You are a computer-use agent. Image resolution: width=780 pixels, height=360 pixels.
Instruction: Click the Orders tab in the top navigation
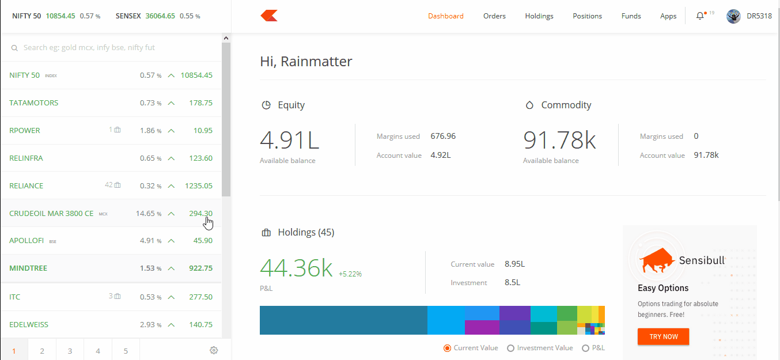tap(494, 16)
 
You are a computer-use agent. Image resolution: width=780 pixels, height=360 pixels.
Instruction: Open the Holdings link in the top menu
tap(539, 16)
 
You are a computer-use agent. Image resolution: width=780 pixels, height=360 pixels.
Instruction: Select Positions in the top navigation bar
tap(587, 16)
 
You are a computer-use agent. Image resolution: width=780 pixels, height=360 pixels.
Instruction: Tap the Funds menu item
tap(631, 16)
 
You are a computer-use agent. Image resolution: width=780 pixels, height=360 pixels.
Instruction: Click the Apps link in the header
tap(668, 16)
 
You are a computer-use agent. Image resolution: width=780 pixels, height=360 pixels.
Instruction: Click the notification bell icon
tap(700, 16)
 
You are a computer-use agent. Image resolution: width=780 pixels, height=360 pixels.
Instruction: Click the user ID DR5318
tap(759, 16)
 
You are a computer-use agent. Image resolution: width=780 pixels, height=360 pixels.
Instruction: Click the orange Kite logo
tap(269, 16)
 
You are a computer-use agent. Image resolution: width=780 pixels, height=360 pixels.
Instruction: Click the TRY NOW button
tap(663, 336)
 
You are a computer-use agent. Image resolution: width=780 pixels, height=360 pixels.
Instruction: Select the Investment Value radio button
tap(510, 348)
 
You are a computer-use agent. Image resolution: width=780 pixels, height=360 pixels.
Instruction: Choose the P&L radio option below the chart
tap(585, 348)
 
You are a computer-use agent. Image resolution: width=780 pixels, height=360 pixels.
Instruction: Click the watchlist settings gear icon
tap(214, 350)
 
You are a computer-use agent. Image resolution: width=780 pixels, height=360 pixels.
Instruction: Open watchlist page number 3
tap(70, 350)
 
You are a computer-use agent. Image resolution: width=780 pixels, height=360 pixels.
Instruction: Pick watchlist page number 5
tap(126, 350)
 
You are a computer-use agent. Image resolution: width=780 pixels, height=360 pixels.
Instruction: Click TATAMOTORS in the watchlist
tap(34, 103)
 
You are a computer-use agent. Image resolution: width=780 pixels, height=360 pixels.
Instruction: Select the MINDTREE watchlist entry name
tap(28, 268)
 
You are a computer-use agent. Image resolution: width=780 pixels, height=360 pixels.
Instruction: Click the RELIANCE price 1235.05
tap(198, 186)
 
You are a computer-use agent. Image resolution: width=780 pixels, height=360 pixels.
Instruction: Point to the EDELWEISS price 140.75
tap(200, 325)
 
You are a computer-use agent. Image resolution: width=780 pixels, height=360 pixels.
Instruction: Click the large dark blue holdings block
tap(343, 320)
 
